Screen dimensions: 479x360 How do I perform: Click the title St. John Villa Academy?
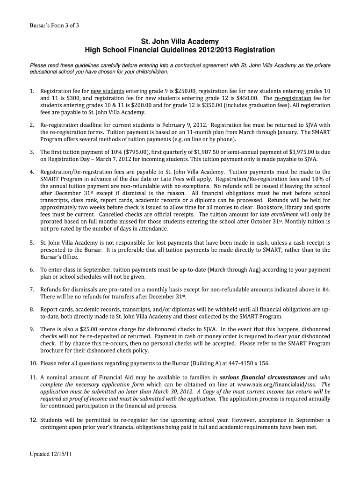pos(180,42)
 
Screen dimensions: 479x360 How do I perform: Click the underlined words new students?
pos(108,91)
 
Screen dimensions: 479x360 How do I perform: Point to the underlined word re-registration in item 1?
pos(293,98)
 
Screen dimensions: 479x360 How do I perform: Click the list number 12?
pos(33,420)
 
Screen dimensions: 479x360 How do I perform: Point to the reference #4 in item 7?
pos(326,290)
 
